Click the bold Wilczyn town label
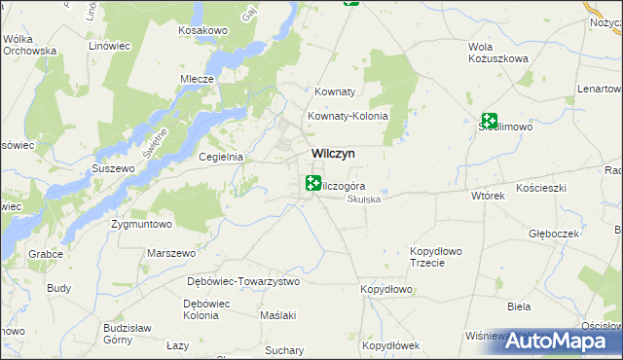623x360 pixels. [x=332, y=154]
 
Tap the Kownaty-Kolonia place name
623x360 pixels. [x=348, y=116]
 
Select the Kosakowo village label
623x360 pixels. [x=202, y=31]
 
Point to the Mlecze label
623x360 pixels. [x=196, y=80]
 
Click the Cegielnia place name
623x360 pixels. [x=220, y=157]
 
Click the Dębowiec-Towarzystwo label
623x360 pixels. [x=243, y=281]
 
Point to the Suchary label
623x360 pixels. [x=283, y=349]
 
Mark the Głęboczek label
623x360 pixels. [x=554, y=234]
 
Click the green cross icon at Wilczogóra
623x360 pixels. [x=313, y=182]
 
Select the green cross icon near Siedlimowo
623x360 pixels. [x=490, y=122]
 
